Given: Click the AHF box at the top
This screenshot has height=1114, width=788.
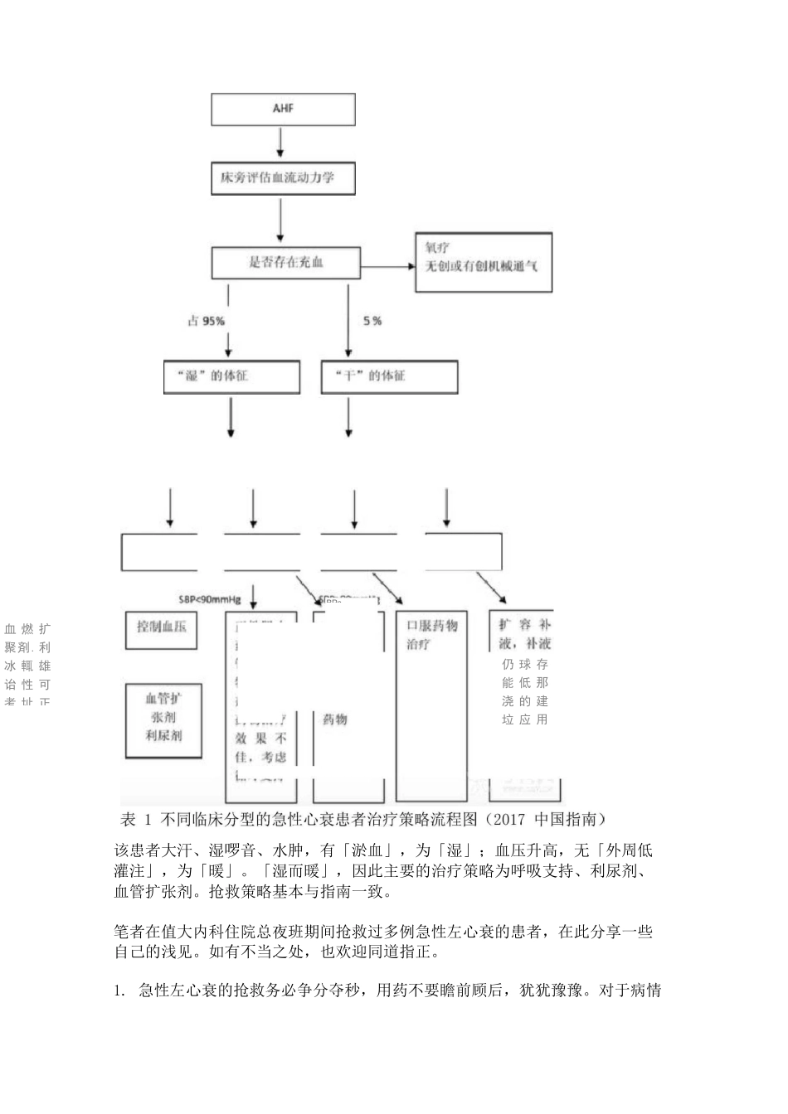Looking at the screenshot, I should pos(283,109).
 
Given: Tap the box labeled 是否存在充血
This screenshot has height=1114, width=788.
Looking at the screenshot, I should pos(286,264).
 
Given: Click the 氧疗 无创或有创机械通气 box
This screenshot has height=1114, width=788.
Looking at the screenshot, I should pos(484,262).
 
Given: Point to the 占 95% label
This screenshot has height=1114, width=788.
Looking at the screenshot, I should pos(205,321).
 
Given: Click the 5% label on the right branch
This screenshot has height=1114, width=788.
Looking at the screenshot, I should pos(372,321).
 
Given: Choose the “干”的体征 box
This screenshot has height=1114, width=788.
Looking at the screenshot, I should pos(389,376).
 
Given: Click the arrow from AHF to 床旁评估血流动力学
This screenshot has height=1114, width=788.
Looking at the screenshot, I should pos(280,143).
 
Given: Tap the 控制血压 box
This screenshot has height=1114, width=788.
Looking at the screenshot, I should pos(162,627).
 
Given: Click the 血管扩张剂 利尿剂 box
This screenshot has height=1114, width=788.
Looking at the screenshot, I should pos(163,718).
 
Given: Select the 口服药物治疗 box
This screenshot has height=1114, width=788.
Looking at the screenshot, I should pos(432,634).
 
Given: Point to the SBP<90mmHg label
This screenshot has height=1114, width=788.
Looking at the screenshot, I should pos(210,598).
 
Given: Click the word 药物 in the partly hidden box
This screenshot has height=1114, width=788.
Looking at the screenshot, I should pos(334,719).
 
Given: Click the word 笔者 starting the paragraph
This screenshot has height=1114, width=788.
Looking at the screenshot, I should pos(128,932).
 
